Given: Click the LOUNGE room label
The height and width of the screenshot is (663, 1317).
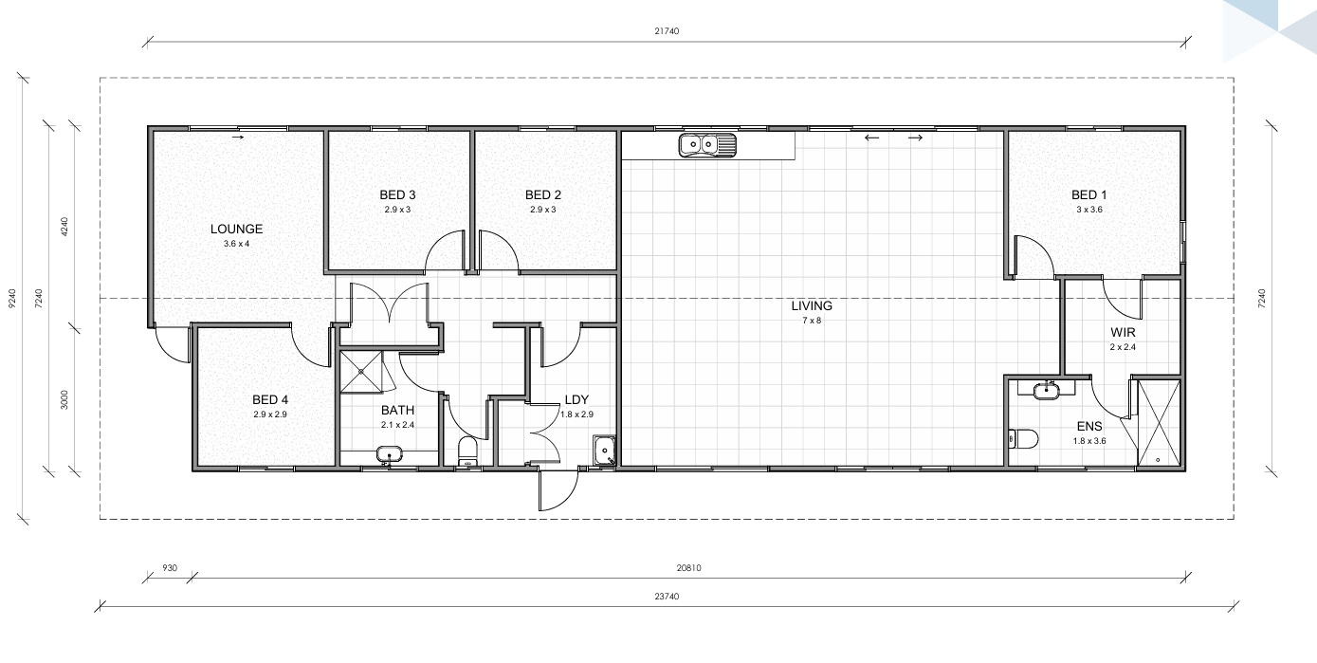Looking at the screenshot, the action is click(236, 229).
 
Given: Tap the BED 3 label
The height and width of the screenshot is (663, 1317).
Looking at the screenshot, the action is click(397, 194).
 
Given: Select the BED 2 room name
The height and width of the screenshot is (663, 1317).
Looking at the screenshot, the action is click(543, 194).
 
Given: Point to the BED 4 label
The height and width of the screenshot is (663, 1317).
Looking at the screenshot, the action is click(270, 399).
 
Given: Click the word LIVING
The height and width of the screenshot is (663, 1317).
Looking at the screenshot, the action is click(812, 306).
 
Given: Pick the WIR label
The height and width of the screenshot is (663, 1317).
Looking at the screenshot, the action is click(1123, 332).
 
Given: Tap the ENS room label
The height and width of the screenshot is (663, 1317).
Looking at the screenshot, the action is click(1089, 427).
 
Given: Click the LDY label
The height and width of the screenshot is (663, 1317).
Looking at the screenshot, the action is click(576, 399).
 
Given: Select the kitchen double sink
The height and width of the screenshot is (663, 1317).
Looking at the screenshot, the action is click(707, 145).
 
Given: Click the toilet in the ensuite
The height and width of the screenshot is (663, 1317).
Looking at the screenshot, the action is click(1024, 438).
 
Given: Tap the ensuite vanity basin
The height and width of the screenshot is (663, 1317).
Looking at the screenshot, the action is click(1046, 391).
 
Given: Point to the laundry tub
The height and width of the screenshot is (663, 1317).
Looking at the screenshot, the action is click(604, 451).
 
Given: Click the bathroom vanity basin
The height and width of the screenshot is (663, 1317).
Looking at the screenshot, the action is click(389, 454).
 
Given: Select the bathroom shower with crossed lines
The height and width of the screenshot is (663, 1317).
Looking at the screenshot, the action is click(361, 372).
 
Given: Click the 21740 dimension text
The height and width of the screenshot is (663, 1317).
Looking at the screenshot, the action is click(667, 31).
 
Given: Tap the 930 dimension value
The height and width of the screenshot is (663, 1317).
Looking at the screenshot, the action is click(170, 568).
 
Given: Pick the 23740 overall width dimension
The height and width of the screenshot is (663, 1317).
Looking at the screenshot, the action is click(667, 597).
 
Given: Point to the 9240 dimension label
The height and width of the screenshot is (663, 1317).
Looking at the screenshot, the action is click(12, 299).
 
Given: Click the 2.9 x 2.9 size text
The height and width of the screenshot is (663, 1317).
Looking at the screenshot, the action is click(270, 414).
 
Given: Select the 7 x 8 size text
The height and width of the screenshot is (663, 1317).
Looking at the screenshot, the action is click(812, 321).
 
